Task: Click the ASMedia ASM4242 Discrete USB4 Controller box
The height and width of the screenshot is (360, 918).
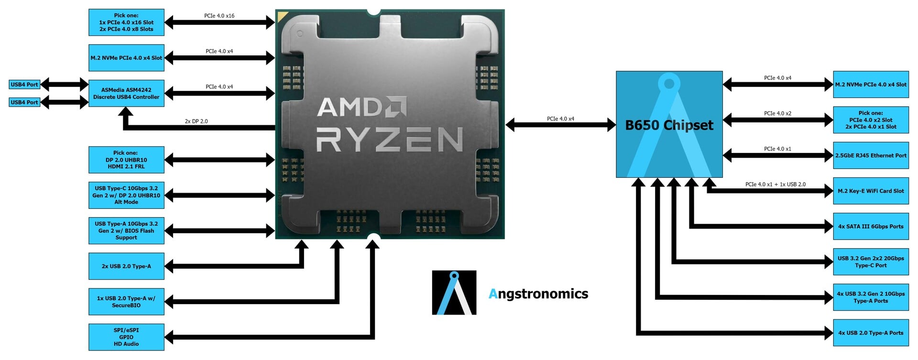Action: point(126,93)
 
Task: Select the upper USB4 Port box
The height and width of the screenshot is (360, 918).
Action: point(24,85)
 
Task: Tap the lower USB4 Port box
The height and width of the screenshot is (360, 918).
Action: point(24,102)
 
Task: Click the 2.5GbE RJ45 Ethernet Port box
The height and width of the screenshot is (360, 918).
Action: point(871,155)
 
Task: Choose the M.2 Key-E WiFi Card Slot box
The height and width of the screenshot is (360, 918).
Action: point(871,191)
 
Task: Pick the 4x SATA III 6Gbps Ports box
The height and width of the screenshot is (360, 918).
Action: point(871,226)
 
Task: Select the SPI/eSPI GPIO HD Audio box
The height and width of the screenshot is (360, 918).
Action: point(126,337)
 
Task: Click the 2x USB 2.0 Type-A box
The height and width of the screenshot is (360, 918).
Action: point(126,266)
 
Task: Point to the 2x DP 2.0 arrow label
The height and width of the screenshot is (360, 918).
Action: point(196,121)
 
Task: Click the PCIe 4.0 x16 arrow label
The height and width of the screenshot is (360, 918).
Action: point(219,16)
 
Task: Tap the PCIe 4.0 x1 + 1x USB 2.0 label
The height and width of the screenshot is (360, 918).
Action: point(775,184)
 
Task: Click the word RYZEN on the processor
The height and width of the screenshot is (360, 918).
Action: point(389,140)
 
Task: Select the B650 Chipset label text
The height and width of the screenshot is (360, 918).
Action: point(669,125)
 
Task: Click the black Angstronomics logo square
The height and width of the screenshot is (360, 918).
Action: point(454,293)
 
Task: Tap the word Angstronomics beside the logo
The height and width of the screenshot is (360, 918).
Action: point(538,294)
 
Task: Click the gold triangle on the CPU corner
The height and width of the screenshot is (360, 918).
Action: point(282,18)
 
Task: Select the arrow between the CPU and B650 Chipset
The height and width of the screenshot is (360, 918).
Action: point(560,125)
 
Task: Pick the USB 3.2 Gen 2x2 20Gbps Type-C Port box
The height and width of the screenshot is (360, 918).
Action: point(871,262)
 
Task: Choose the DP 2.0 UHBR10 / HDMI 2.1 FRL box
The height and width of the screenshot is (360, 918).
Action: point(126,160)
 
